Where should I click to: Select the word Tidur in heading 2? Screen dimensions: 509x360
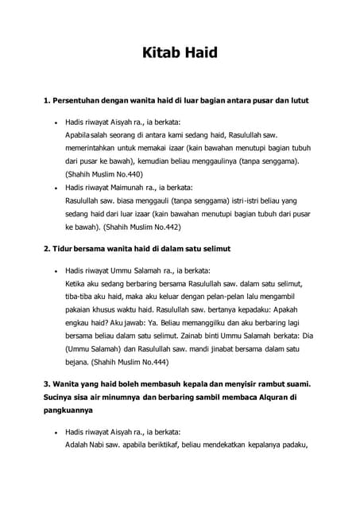click(65, 249)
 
